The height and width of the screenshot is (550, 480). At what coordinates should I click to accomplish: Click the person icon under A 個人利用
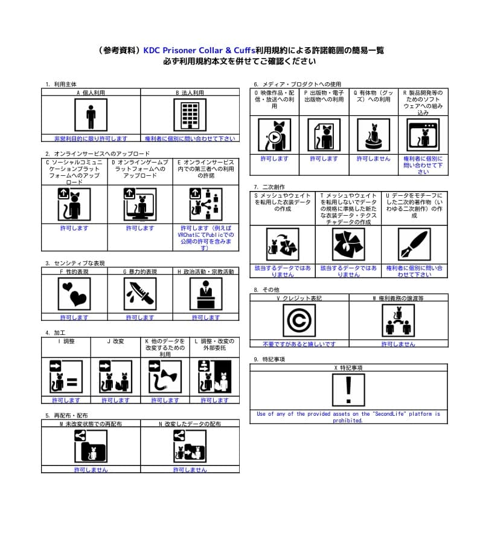[x=91, y=115]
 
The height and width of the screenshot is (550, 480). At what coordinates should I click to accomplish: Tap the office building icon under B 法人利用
[x=190, y=115]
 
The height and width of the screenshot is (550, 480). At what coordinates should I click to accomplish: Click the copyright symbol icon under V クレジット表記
[x=299, y=320]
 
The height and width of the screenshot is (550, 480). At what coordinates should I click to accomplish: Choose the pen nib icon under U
[x=414, y=244]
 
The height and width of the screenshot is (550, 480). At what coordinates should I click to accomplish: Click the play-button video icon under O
[x=275, y=135]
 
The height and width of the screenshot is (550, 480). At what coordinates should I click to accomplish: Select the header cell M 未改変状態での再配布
[x=91, y=424]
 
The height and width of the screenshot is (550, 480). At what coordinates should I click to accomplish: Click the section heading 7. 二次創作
[x=269, y=187]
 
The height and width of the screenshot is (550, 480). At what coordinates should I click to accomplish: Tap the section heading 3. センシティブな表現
[x=75, y=264]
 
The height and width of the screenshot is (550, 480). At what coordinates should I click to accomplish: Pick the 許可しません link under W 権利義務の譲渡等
[x=398, y=344]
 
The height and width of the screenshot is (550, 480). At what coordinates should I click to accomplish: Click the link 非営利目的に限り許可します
[x=91, y=138]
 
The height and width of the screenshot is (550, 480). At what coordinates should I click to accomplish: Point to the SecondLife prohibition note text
[x=348, y=417]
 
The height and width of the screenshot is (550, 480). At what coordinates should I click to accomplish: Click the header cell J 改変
[x=115, y=341]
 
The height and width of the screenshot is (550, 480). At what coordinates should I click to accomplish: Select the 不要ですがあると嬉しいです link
[x=299, y=344]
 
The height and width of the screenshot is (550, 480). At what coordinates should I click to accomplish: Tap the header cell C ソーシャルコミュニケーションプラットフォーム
[x=74, y=172]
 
